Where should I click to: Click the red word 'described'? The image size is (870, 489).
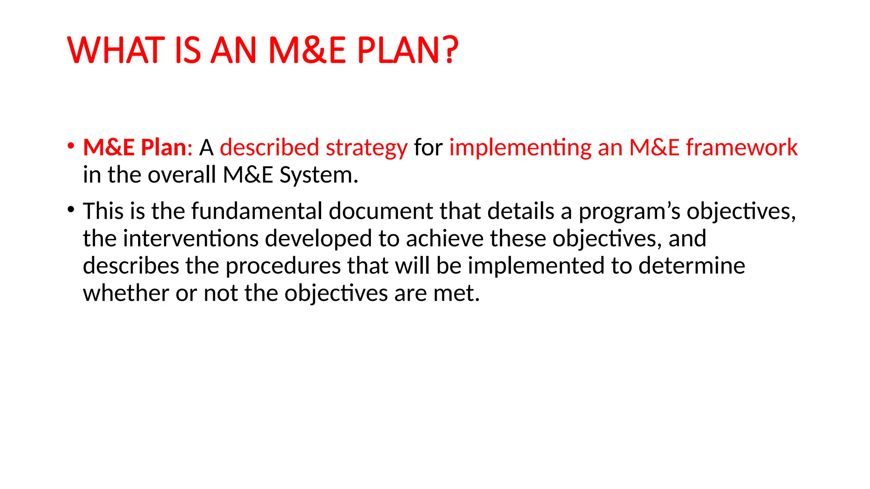(x=269, y=147)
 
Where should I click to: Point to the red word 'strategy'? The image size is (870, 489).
(x=367, y=148)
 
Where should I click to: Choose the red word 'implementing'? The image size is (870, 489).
(x=520, y=147)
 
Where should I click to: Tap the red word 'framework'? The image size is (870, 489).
(x=742, y=147)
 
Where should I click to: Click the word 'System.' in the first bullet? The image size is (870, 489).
(x=319, y=175)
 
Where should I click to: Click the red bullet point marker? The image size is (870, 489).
(x=71, y=146)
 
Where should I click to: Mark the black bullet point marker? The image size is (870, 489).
(x=71, y=209)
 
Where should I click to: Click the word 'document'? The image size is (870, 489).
(x=381, y=211)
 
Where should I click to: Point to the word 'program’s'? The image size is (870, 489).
(x=630, y=212)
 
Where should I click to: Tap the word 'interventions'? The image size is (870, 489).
(x=191, y=238)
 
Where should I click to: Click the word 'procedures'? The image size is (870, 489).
(x=283, y=266)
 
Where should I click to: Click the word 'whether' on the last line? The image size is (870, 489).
(x=126, y=293)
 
